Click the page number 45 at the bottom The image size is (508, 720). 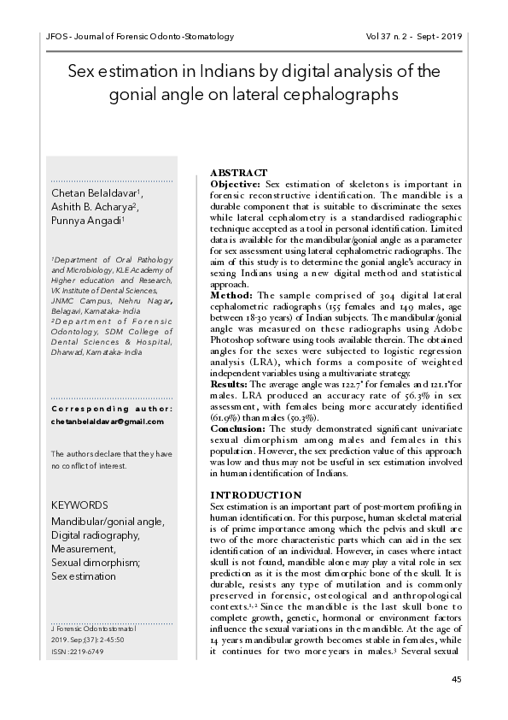(457, 679)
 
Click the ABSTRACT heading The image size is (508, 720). (238, 173)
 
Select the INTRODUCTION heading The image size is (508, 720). (255, 495)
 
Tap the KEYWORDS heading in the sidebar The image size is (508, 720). (79, 505)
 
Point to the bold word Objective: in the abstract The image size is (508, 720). (235, 184)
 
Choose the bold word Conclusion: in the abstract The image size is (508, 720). (237, 428)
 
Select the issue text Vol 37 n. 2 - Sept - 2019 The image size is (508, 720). (413, 38)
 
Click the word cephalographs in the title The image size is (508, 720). (346, 92)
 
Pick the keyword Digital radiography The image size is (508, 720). (95, 534)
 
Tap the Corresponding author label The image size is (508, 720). (112, 408)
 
